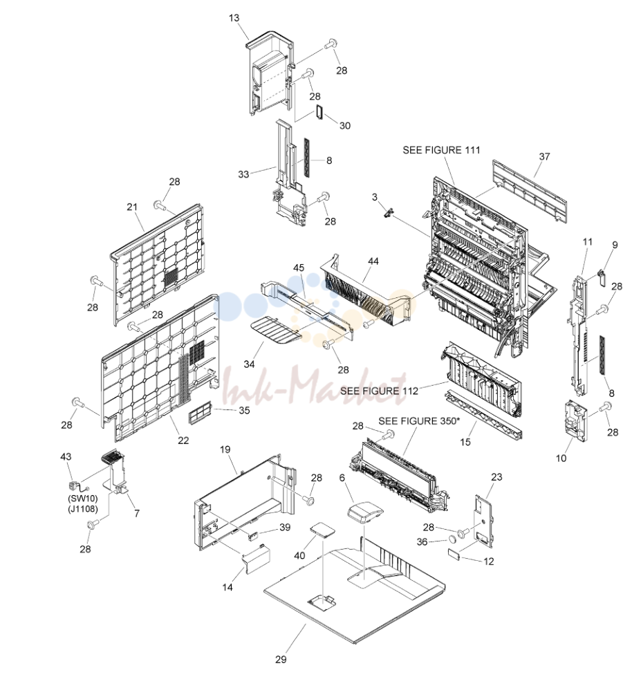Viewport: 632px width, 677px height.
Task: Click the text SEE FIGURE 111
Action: [441, 150]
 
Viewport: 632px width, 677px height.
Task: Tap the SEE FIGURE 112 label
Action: [379, 391]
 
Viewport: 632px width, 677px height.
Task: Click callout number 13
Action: [234, 18]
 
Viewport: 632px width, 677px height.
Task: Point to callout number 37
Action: [544, 156]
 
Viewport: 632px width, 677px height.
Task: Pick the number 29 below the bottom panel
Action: [281, 659]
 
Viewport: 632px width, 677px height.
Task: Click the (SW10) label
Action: [83, 499]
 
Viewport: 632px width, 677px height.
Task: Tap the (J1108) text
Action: [83, 508]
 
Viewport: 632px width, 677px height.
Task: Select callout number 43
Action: [66, 457]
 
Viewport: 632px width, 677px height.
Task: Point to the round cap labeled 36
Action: [452, 539]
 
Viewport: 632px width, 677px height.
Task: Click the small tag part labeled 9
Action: [600, 277]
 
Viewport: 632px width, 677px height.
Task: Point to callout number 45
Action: [299, 268]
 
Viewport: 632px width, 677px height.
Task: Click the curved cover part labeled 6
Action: [365, 512]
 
